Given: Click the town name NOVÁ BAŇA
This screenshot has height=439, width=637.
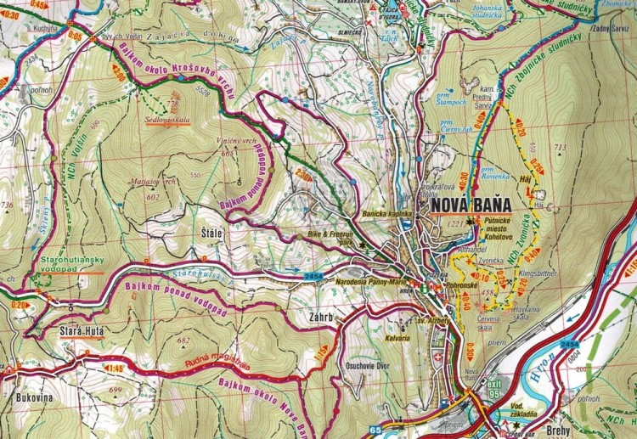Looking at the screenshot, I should pos(471,205).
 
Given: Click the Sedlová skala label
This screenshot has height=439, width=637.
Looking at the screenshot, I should pos(171,121).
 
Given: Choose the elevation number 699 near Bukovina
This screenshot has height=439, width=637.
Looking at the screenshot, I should pos(116,391).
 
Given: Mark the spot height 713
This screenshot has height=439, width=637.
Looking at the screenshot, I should pos(559,149).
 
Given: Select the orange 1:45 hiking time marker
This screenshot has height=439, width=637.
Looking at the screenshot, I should pos(115,369).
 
